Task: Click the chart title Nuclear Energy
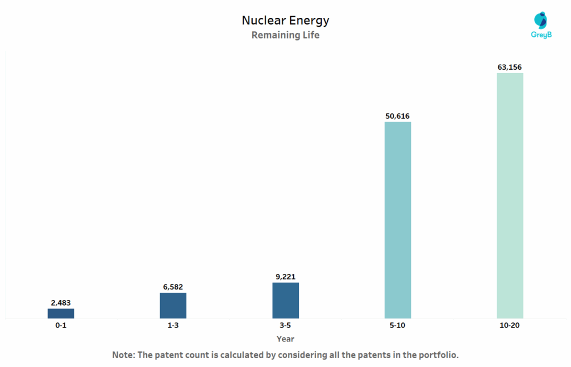pyautogui.click(x=285, y=21)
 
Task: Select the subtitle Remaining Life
pyautogui.click(x=285, y=35)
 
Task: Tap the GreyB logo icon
pyautogui.click(x=540, y=20)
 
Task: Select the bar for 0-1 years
pyautogui.click(x=61, y=313)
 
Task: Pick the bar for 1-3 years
pyautogui.click(x=173, y=305)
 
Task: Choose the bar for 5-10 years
pyautogui.click(x=398, y=220)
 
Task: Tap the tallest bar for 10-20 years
pyautogui.click(x=510, y=195)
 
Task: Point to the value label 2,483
pyautogui.click(x=61, y=303)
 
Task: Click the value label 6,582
pyautogui.click(x=173, y=287)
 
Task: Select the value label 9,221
pyautogui.click(x=285, y=276)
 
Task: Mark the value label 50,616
pyautogui.click(x=398, y=116)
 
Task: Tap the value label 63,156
pyautogui.click(x=510, y=67)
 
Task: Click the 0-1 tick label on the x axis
pyautogui.click(x=61, y=326)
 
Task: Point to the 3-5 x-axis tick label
pyautogui.click(x=285, y=326)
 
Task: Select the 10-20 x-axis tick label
pyautogui.click(x=510, y=326)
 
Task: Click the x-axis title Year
pyautogui.click(x=285, y=339)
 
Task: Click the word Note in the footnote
pyautogui.click(x=123, y=355)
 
